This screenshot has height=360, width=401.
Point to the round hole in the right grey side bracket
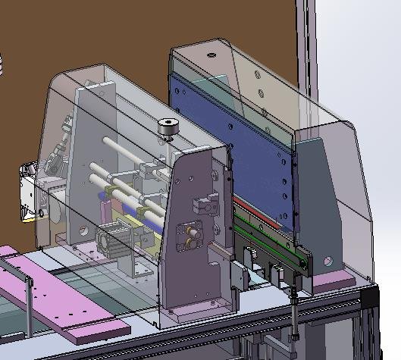coord(328,261)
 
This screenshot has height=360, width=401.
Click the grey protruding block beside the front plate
coord(240,277)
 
